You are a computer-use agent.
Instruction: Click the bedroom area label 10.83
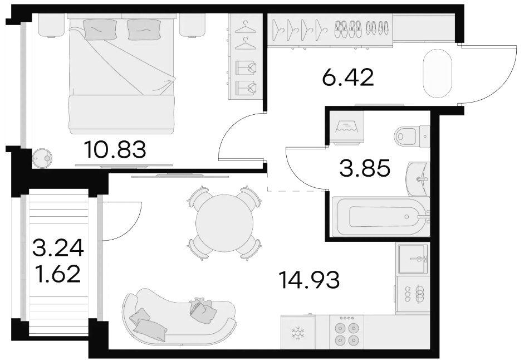[x=115, y=149]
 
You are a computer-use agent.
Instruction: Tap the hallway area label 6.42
[x=348, y=77]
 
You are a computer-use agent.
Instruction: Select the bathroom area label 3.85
[x=365, y=168]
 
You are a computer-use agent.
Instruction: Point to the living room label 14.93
[x=310, y=280]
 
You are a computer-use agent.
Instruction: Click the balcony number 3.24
[x=58, y=247]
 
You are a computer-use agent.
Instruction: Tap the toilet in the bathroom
[x=412, y=137]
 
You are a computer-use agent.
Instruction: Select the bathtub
[x=381, y=216]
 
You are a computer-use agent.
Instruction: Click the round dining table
[x=224, y=223]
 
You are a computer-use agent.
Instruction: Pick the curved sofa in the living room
[x=179, y=317]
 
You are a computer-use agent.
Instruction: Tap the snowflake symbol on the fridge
[x=298, y=333]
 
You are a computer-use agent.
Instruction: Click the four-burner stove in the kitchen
[x=346, y=332]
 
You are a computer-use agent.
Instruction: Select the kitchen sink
[x=413, y=259]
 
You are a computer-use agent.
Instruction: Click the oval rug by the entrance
[x=437, y=74]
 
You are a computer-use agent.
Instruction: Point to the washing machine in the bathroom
[x=346, y=128]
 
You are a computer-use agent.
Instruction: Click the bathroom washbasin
[x=418, y=179]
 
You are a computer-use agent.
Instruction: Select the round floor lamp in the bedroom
[x=43, y=157]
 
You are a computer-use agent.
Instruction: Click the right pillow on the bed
[x=143, y=29]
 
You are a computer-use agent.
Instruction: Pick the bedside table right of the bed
[x=192, y=25]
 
